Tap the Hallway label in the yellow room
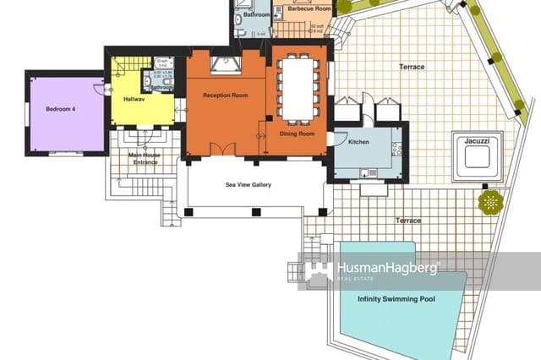coord(134,100)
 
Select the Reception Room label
coord(225,95)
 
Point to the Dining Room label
coord(297,134)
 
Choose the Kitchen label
coord(359,142)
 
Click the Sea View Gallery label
coord(248,185)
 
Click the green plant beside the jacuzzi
coord(489,201)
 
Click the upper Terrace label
coord(411,67)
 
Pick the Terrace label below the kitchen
coord(408,221)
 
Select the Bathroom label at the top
coord(256,15)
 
